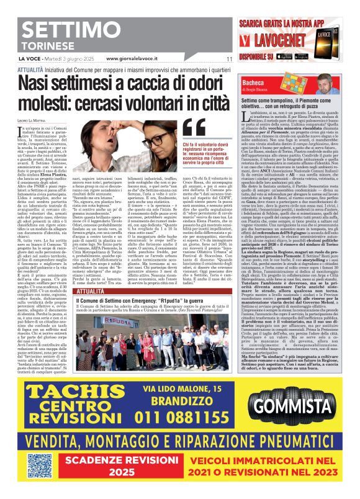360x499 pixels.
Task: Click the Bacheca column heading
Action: coord(252,81)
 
